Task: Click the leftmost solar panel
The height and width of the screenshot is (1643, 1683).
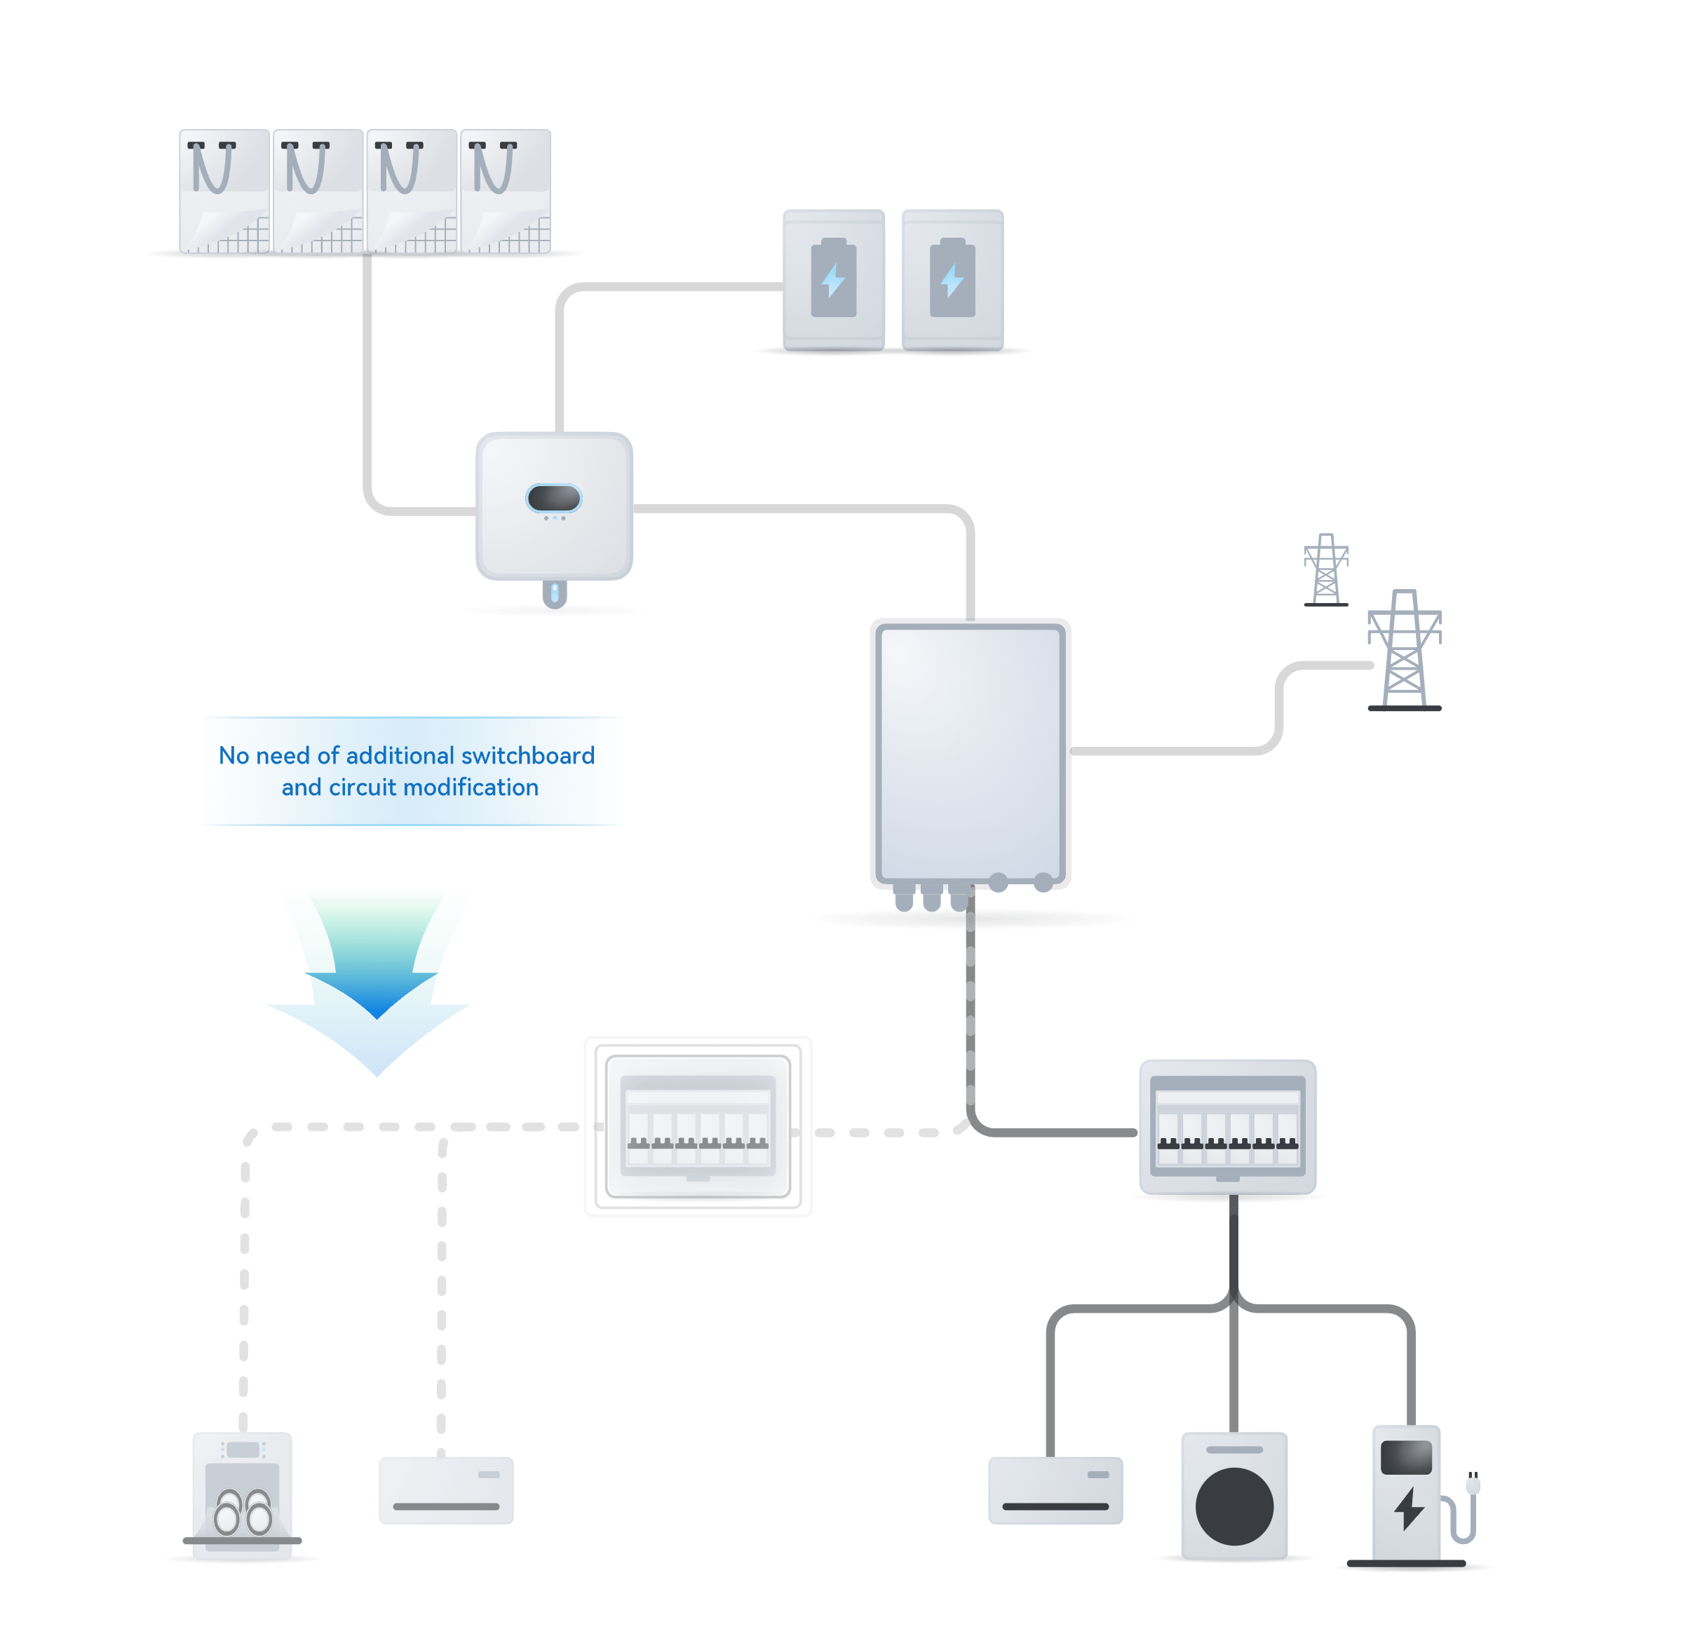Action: point(224,191)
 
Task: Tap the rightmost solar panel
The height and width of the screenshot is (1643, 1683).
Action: point(506,191)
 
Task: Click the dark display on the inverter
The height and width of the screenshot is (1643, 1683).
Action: point(553,498)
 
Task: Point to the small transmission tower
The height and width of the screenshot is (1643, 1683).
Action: point(1325,569)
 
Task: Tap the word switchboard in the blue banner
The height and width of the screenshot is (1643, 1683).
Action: point(527,756)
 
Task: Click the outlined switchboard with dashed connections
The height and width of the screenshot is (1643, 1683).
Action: point(697,1126)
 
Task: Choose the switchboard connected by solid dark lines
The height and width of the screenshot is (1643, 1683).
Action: point(1227,1126)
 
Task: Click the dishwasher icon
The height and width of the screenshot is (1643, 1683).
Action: point(243,1496)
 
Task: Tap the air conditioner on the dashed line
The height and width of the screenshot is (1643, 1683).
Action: point(446,1490)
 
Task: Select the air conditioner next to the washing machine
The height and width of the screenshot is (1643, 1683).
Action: point(1055,1490)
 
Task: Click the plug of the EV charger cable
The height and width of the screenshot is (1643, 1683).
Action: point(1473,1485)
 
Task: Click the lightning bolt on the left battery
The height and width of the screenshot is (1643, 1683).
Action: point(834,280)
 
